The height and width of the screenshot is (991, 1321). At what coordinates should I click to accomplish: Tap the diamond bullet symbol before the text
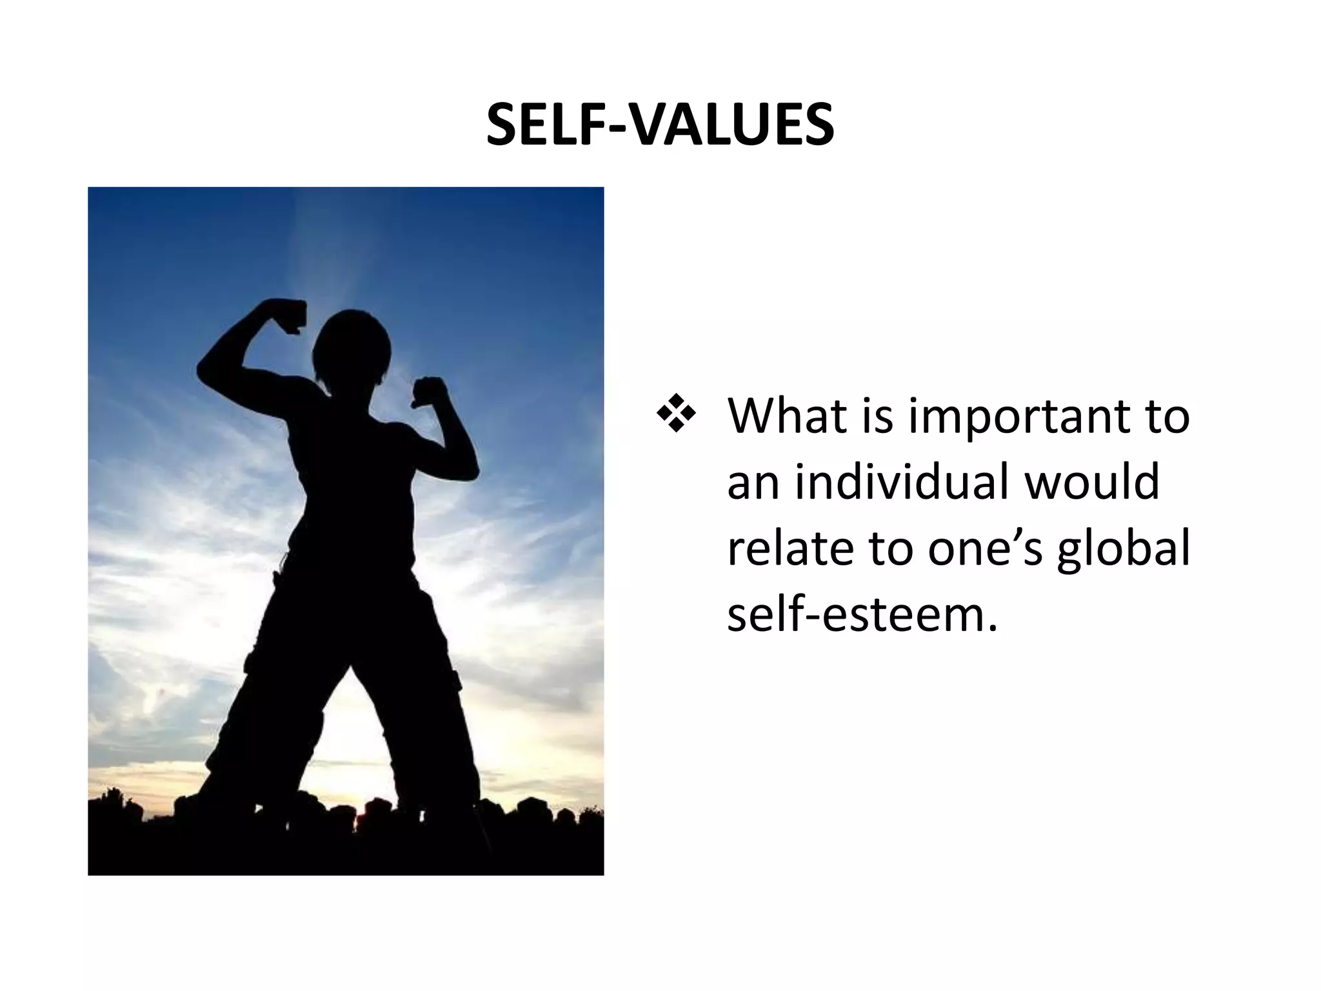tap(675, 417)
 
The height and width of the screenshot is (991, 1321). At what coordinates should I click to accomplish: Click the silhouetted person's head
tap(352, 348)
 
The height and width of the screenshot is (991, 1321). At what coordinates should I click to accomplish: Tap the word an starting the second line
tap(753, 483)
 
